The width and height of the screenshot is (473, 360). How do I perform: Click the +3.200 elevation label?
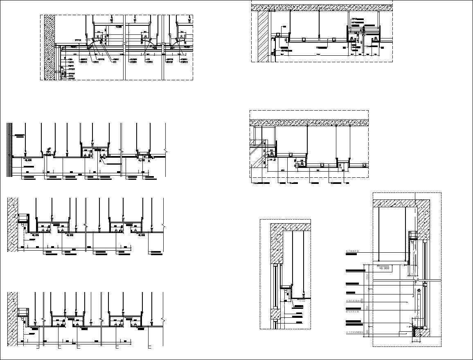coord(384,268)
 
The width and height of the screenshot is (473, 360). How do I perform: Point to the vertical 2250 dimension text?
coord(368,277)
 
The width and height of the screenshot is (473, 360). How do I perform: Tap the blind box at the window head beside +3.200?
coord(412,235)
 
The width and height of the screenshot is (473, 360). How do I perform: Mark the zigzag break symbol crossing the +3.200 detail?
coord(417,281)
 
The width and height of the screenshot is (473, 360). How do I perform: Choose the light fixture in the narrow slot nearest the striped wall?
coord(49,152)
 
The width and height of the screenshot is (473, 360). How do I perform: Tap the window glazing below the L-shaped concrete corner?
coord(275,287)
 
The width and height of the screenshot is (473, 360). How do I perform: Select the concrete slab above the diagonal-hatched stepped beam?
coord(309,122)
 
